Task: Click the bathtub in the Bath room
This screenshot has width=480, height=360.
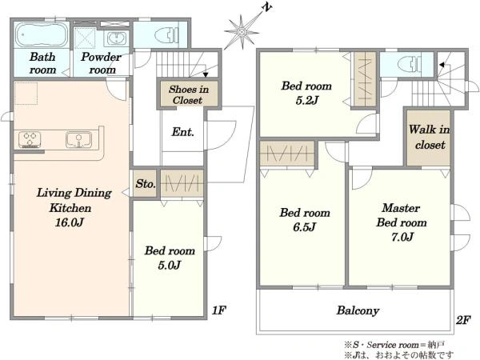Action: pos(42,35)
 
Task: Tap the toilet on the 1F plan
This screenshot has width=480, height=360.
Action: pos(166,35)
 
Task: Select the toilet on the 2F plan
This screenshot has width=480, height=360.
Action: pos(410,65)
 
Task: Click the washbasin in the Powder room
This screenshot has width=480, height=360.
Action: pos(116,39)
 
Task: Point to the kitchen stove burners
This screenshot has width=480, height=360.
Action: pos(30,139)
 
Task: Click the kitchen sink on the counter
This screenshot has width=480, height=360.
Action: pos(78,139)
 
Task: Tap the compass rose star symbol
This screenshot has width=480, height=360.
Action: pos(242,32)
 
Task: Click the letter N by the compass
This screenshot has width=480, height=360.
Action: pos(266,8)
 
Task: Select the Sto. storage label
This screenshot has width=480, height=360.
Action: pos(146,184)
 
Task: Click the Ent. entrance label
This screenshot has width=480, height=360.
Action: pos(182,132)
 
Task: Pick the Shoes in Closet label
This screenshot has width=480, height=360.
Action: pos(188,94)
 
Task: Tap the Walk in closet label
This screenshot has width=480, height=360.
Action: pos(429,137)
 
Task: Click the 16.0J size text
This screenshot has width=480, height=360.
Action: pos(70,222)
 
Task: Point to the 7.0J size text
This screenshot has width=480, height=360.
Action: pos(402,237)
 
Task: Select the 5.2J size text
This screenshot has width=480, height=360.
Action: pos(307,100)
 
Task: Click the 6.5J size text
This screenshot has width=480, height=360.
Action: pos(305,227)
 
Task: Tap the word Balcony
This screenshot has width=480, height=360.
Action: pos(358,310)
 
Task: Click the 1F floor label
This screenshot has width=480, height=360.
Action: pos(219,310)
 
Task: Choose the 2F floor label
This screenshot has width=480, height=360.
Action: pos(463,320)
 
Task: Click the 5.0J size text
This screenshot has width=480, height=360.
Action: pos(170,265)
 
